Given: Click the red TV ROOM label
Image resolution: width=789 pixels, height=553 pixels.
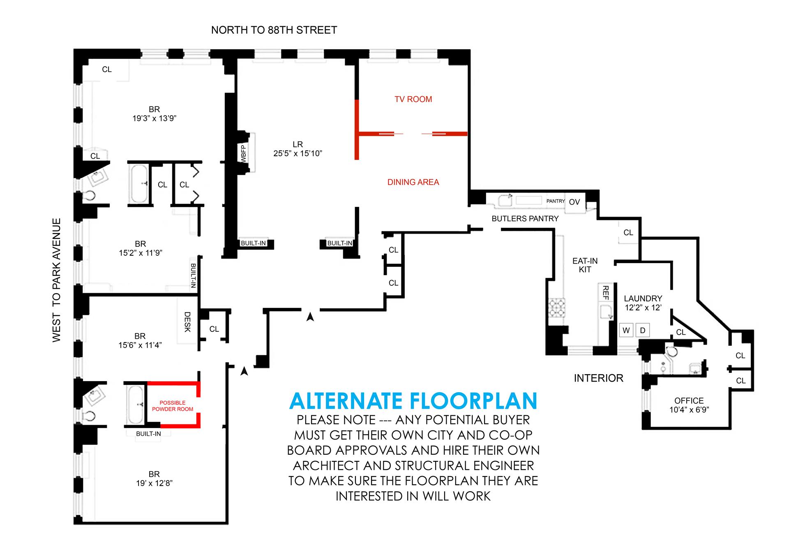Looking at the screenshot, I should click(413, 99).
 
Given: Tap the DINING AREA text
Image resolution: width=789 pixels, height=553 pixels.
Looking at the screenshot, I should click(413, 182).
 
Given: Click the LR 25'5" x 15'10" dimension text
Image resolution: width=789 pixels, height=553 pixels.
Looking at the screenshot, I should click(298, 149).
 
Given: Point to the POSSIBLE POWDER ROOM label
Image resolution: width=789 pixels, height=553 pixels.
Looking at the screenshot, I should click(173, 406).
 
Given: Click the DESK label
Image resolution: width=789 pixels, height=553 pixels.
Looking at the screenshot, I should click(187, 322).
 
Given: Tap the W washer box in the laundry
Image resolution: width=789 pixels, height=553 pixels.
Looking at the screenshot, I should click(626, 331).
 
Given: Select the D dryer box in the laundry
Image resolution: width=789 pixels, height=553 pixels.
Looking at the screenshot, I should click(643, 331).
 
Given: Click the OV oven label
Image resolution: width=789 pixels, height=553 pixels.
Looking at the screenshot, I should click(574, 202).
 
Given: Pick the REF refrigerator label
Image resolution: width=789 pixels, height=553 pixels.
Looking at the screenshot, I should click(605, 293).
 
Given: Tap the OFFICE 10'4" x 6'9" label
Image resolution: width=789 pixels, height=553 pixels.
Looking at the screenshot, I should click(689, 405).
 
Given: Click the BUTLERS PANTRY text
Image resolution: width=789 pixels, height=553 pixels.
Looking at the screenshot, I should click(525, 219).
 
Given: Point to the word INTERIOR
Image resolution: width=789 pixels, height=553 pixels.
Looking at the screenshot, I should click(598, 378).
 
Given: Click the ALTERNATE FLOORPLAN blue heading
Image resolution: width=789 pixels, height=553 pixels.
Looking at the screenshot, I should click(413, 401).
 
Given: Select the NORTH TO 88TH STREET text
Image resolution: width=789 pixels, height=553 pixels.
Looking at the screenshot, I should click(274, 30).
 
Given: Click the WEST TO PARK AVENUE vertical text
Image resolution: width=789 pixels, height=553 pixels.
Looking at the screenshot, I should click(57, 280).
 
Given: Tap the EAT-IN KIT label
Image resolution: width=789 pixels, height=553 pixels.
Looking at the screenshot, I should click(585, 265).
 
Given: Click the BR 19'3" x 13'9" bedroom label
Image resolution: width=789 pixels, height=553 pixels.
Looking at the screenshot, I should click(154, 114).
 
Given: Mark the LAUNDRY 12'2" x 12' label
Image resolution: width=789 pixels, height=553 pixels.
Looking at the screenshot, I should click(643, 303).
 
